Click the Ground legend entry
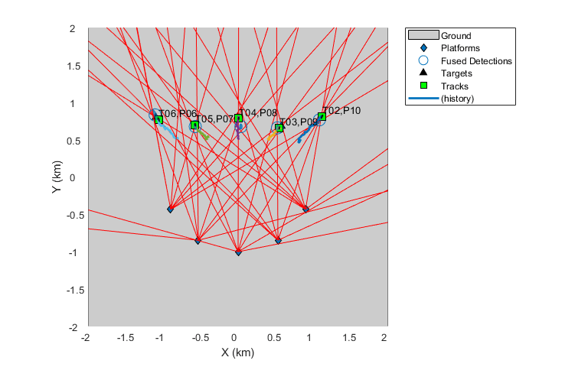(x=456, y=35)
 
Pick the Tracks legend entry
(x=455, y=86)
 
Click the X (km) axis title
(x=237, y=352)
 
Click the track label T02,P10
(x=341, y=111)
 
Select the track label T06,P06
(x=178, y=114)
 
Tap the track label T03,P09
(x=299, y=122)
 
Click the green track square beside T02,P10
(x=322, y=117)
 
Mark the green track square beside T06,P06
(x=158, y=119)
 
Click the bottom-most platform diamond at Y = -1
(x=238, y=252)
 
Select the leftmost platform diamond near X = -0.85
(x=171, y=209)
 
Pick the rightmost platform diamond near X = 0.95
(x=305, y=209)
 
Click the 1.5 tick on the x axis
(x=349, y=337)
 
